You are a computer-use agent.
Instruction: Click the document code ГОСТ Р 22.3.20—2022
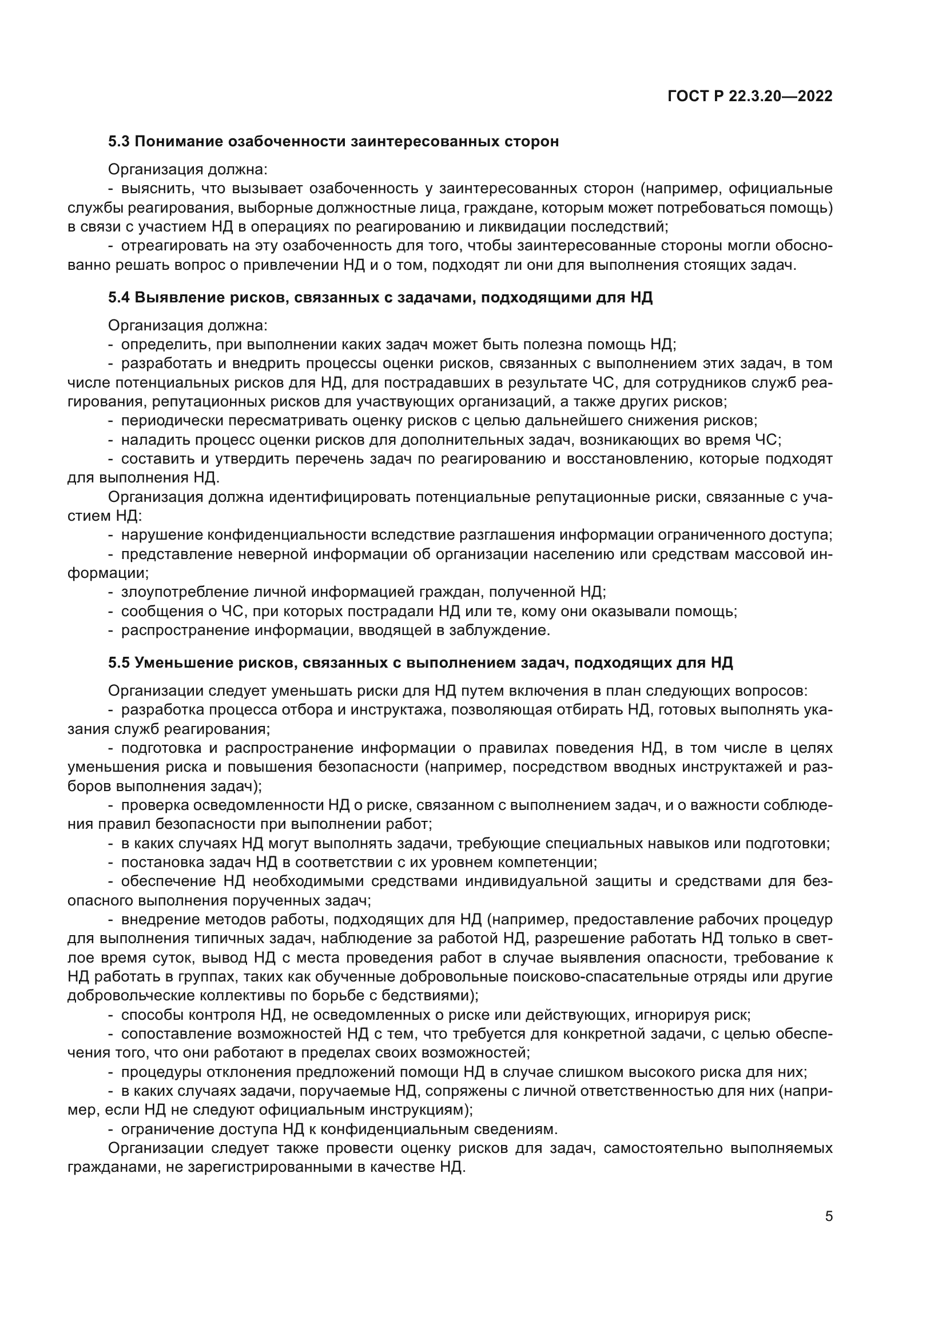tap(750, 97)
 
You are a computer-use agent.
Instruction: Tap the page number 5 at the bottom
tap(829, 1216)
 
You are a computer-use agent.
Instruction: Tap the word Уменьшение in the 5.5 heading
tap(184, 662)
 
